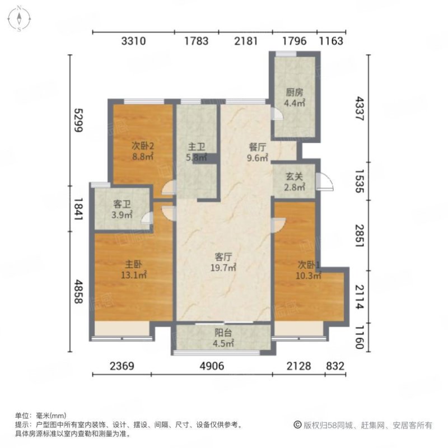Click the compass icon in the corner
(x=18, y=18)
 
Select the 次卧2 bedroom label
(x=143, y=146)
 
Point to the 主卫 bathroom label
(x=195, y=147)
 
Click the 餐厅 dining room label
(x=258, y=148)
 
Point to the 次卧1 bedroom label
(x=308, y=264)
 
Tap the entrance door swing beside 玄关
(x=324, y=181)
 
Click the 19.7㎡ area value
(x=225, y=268)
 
